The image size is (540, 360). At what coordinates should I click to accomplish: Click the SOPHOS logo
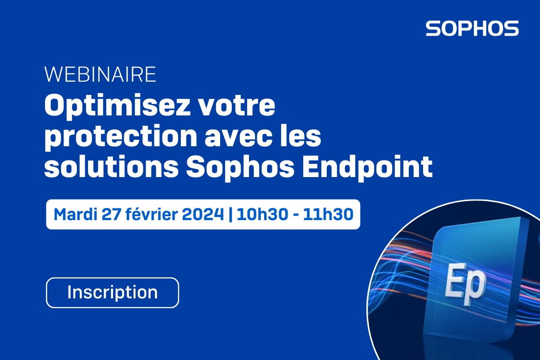pos(472,28)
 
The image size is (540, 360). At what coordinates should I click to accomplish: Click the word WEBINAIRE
pos(100,74)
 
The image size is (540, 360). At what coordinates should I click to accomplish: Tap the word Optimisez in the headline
pos(117,107)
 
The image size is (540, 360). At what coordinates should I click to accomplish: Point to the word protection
pos(120,137)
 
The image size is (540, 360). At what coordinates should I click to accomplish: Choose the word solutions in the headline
pos(111,166)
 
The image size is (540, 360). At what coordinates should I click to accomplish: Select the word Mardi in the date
pos(75,214)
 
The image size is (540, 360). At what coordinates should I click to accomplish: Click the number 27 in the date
pos(111,214)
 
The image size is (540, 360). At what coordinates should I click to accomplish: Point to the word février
pos(152,214)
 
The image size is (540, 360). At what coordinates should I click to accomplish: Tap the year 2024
pos(203,214)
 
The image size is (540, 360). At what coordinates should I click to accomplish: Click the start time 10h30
pos(262,214)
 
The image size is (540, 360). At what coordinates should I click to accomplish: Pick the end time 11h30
pos(328,214)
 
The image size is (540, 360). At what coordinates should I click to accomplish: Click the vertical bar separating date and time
pos(230,214)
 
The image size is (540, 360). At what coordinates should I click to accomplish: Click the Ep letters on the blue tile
pos(466,284)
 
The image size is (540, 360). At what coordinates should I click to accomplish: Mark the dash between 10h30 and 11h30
pos(295,215)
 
